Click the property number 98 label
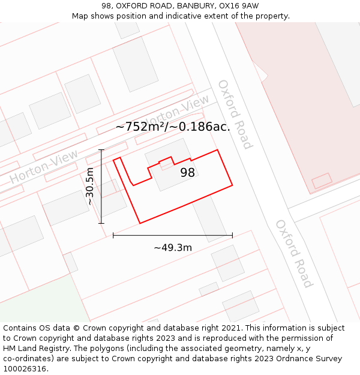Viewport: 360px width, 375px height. pos(188,173)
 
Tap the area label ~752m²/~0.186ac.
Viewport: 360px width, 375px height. pos(173,127)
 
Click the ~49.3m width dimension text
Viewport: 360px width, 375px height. pos(173,247)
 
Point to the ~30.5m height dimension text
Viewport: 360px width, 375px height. pos(90,187)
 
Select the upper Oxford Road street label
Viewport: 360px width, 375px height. pos(235,114)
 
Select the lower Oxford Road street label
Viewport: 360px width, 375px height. pos(294,253)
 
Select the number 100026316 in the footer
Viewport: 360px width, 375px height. pos(26,368)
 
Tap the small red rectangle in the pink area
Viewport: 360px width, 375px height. pos(322,180)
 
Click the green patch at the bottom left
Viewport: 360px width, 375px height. pos(36,300)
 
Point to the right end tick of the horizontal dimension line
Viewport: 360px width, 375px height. pos(232,235)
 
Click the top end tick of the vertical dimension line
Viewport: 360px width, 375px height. pos(101,149)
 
